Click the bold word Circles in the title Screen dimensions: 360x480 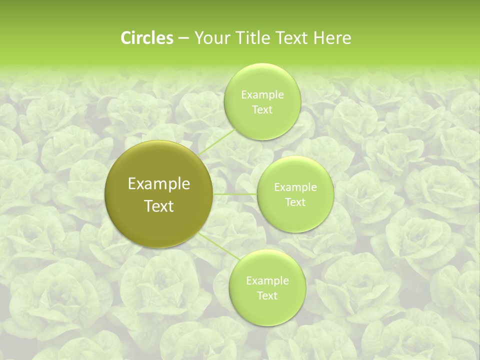pyautogui.click(x=146, y=38)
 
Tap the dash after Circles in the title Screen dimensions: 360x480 pyautogui.click(x=183, y=38)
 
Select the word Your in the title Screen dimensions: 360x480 pyautogui.click(x=209, y=38)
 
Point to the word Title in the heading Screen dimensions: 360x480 pyautogui.click(x=248, y=38)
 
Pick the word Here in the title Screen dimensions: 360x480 pyautogui.click(x=332, y=38)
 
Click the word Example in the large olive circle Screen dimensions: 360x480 pyautogui.click(x=159, y=184)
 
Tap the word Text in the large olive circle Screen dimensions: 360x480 pyautogui.click(x=159, y=206)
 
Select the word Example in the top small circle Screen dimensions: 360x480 pyautogui.click(x=262, y=95)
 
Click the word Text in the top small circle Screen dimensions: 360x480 pyautogui.click(x=262, y=110)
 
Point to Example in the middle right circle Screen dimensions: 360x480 pyautogui.click(x=295, y=187)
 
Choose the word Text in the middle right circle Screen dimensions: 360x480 pyautogui.click(x=295, y=202)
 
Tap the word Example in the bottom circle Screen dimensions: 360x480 pyautogui.click(x=267, y=281)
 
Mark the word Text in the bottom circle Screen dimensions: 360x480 pyautogui.click(x=267, y=296)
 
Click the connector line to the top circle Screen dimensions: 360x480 pyautogui.click(x=216, y=142)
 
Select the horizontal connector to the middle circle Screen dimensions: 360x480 pyautogui.click(x=235, y=194)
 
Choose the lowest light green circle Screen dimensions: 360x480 pyautogui.click(x=267, y=312)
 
